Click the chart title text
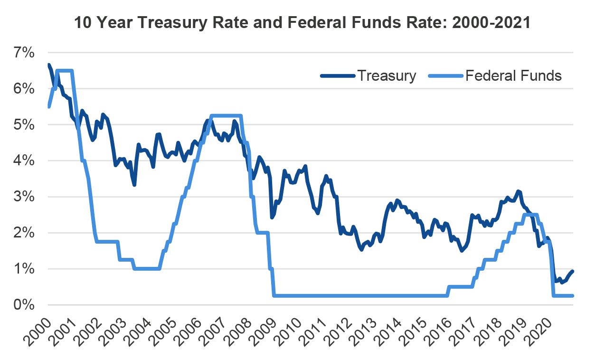pyautogui.click(x=302, y=23)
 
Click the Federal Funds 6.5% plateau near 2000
pyautogui.click(x=64, y=71)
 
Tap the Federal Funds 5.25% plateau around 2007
pyautogui.click(x=226, y=115)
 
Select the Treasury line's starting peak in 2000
pyautogui.click(x=49, y=65)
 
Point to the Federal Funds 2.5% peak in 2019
pyautogui.click(x=529, y=215)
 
